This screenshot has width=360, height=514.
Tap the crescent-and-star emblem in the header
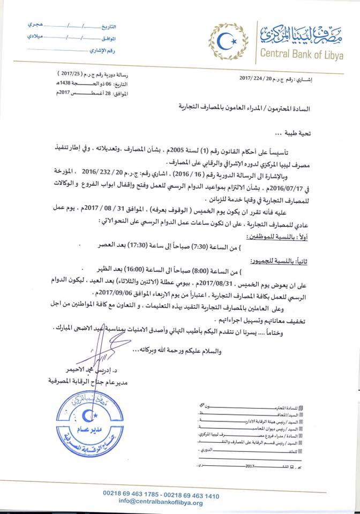(x=232, y=39)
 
